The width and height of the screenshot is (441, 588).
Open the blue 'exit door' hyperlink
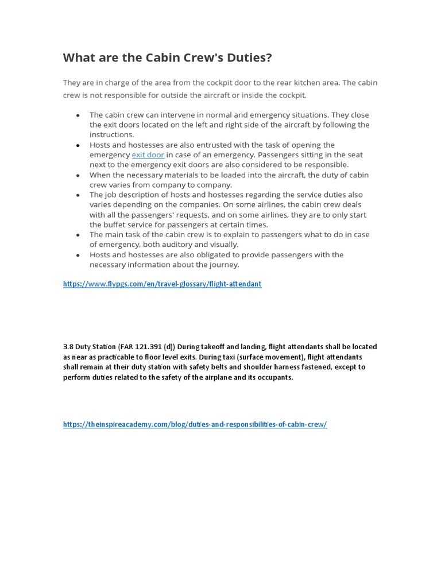[148, 155]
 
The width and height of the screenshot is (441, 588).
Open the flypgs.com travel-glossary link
[162, 284]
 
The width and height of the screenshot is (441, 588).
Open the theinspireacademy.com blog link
[195, 424]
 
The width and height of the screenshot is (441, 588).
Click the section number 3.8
[68, 347]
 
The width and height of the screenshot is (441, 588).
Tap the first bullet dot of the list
[78, 115]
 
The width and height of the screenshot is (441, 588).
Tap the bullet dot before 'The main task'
[78, 235]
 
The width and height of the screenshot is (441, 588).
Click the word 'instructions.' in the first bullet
[111, 135]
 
